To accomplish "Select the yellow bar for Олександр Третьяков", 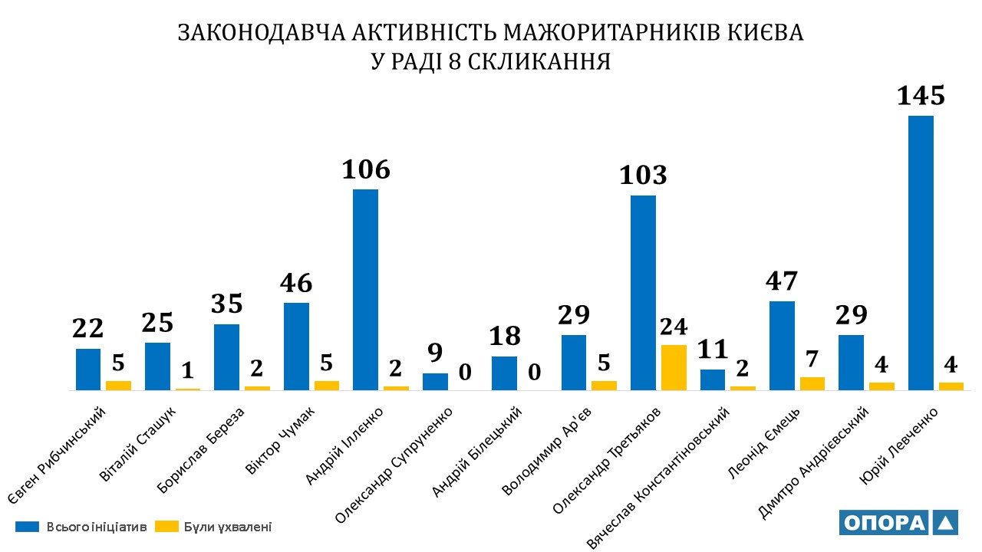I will pyautogui.click(x=674, y=368).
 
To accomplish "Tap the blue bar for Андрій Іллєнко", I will pyautogui.click(x=365, y=290).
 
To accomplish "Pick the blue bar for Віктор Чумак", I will pyautogui.click(x=296, y=347).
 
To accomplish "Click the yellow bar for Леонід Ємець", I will pyautogui.click(x=812, y=383).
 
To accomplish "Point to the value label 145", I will pyautogui.click(x=921, y=96).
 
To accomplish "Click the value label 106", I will pyautogui.click(x=365, y=169).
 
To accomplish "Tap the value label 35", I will pyautogui.click(x=227, y=304).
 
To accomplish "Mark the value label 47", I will pyautogui.click(x=782, y=281).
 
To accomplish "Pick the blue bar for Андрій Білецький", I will pyautogui.click(x=504, y=373).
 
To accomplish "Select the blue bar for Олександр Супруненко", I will pyautogui.click(x=435, y=382).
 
